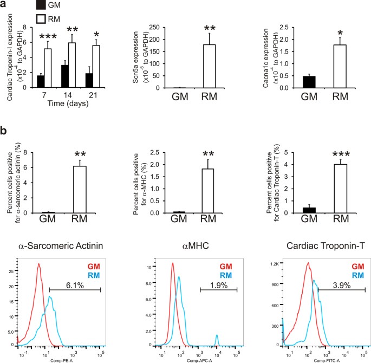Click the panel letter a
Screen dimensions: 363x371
4,4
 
